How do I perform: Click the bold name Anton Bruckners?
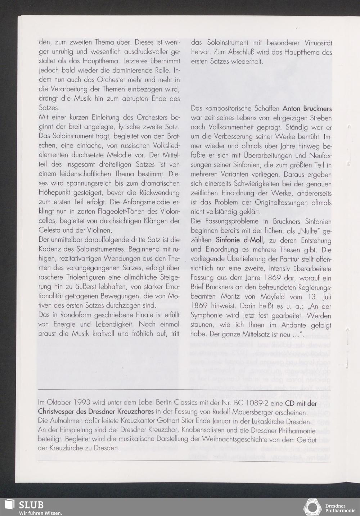[x=307, y=108]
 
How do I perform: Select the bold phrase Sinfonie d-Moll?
[x=240, y=240]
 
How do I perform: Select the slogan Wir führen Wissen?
[x=41, y=512]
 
